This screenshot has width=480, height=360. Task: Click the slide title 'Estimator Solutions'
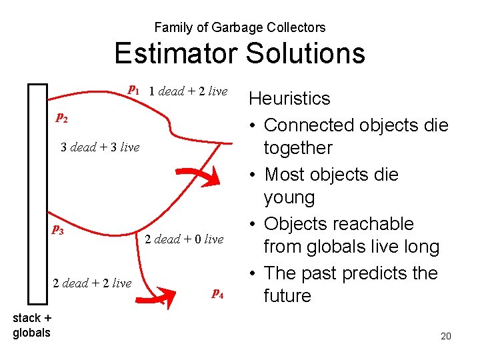(239, 53)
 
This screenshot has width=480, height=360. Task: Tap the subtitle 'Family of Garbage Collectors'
(239, 27)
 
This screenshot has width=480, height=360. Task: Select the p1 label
(133, 89)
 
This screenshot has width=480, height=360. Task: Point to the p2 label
(61, 117)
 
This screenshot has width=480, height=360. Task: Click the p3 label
(59, 230)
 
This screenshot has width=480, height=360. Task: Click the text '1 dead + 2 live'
(188, 91)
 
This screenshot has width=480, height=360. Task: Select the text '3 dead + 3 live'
(100, 147)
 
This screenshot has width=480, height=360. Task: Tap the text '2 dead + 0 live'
(184, 239)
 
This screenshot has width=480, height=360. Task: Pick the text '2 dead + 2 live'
(92, 283)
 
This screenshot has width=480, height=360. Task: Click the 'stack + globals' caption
(31, 325)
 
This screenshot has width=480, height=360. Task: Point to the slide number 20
(445, 336)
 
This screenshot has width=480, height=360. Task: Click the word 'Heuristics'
(289, 99)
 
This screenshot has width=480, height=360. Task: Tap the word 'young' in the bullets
(289, 197)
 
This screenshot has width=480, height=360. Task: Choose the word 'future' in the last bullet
(287, 296)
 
